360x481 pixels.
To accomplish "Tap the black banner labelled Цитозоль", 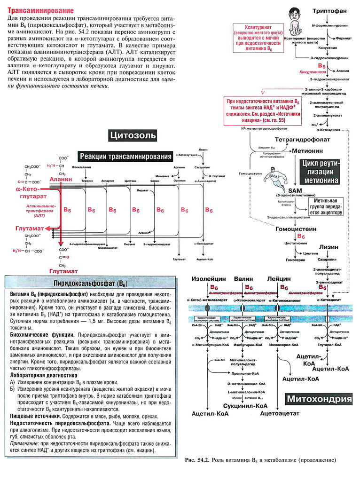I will (x=133, y=136).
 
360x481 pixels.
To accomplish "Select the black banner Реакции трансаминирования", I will (x=125, y=157).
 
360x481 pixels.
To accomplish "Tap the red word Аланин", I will (x=58, y=180).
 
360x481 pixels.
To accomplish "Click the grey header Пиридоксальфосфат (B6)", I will (x=91, y=284).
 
